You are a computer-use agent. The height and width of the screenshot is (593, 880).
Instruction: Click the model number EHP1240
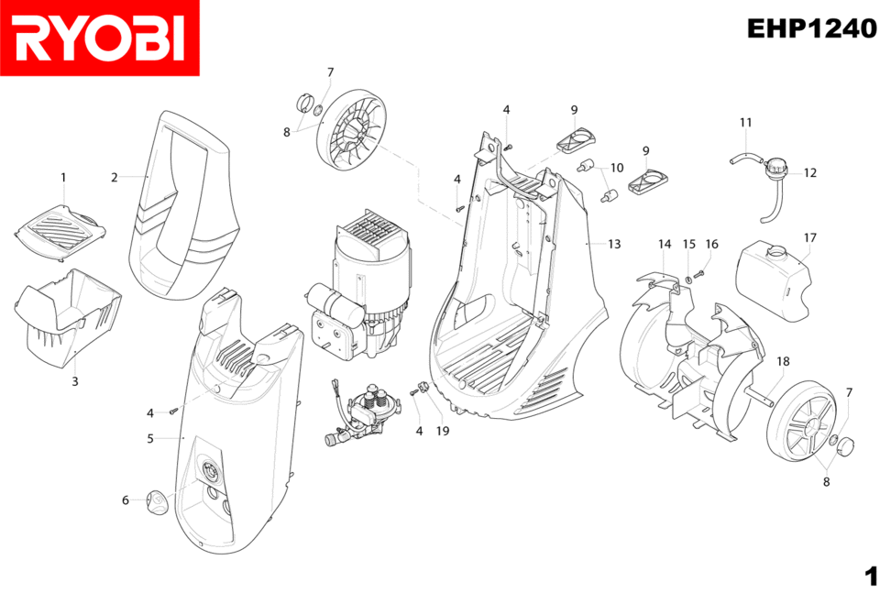[x=811, y=28]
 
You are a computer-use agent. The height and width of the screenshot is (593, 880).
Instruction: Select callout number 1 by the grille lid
[x=63, y=176]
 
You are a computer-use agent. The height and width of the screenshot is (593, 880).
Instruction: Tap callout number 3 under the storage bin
[x=75, y=380]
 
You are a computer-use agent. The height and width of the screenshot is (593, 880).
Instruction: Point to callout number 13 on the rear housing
[x=614, y=244]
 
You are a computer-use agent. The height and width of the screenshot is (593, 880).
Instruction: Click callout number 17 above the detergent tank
[x=809, y=237]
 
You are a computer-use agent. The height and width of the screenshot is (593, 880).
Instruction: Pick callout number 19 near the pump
[x=443, y=430]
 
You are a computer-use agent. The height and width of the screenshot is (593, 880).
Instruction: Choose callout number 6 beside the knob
[x=126, y=500]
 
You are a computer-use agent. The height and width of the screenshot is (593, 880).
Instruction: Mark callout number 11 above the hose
[x=745, y=123]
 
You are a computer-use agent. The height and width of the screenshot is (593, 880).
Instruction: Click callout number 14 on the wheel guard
[x=665, y=244]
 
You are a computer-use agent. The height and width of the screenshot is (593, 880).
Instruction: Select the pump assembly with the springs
[x=367, y=412]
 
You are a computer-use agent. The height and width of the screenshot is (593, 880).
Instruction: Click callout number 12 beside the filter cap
[x=810, y=172]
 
